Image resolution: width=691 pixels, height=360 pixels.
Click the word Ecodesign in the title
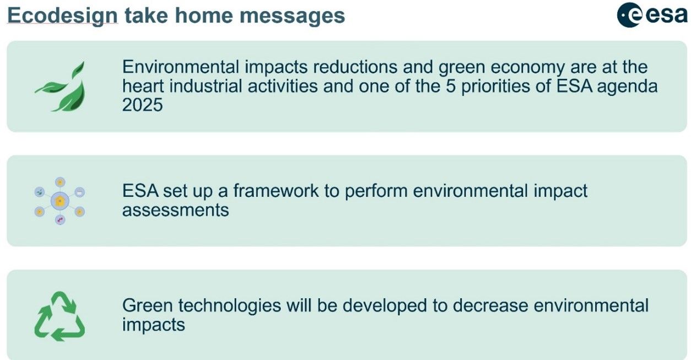[62, 16]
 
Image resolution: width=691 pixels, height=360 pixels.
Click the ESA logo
[652, 15]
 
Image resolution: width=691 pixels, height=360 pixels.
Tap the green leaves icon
[60, 87]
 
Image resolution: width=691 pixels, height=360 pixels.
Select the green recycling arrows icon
[60, 316]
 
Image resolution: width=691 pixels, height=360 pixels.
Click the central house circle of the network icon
[60, 201]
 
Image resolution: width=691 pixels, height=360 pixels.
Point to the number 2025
[142, 105]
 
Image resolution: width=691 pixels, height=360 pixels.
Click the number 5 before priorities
[451, 86]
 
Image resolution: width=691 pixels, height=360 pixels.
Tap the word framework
[276, 191]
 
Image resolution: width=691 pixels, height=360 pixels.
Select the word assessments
[176, 210]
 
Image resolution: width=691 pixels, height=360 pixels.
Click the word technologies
[230, 305]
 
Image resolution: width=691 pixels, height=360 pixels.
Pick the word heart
[143, 86]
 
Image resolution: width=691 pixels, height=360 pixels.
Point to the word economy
[527, 68]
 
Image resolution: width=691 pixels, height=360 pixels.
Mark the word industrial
[206, 86]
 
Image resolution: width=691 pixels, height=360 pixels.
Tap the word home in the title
[204, 15]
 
